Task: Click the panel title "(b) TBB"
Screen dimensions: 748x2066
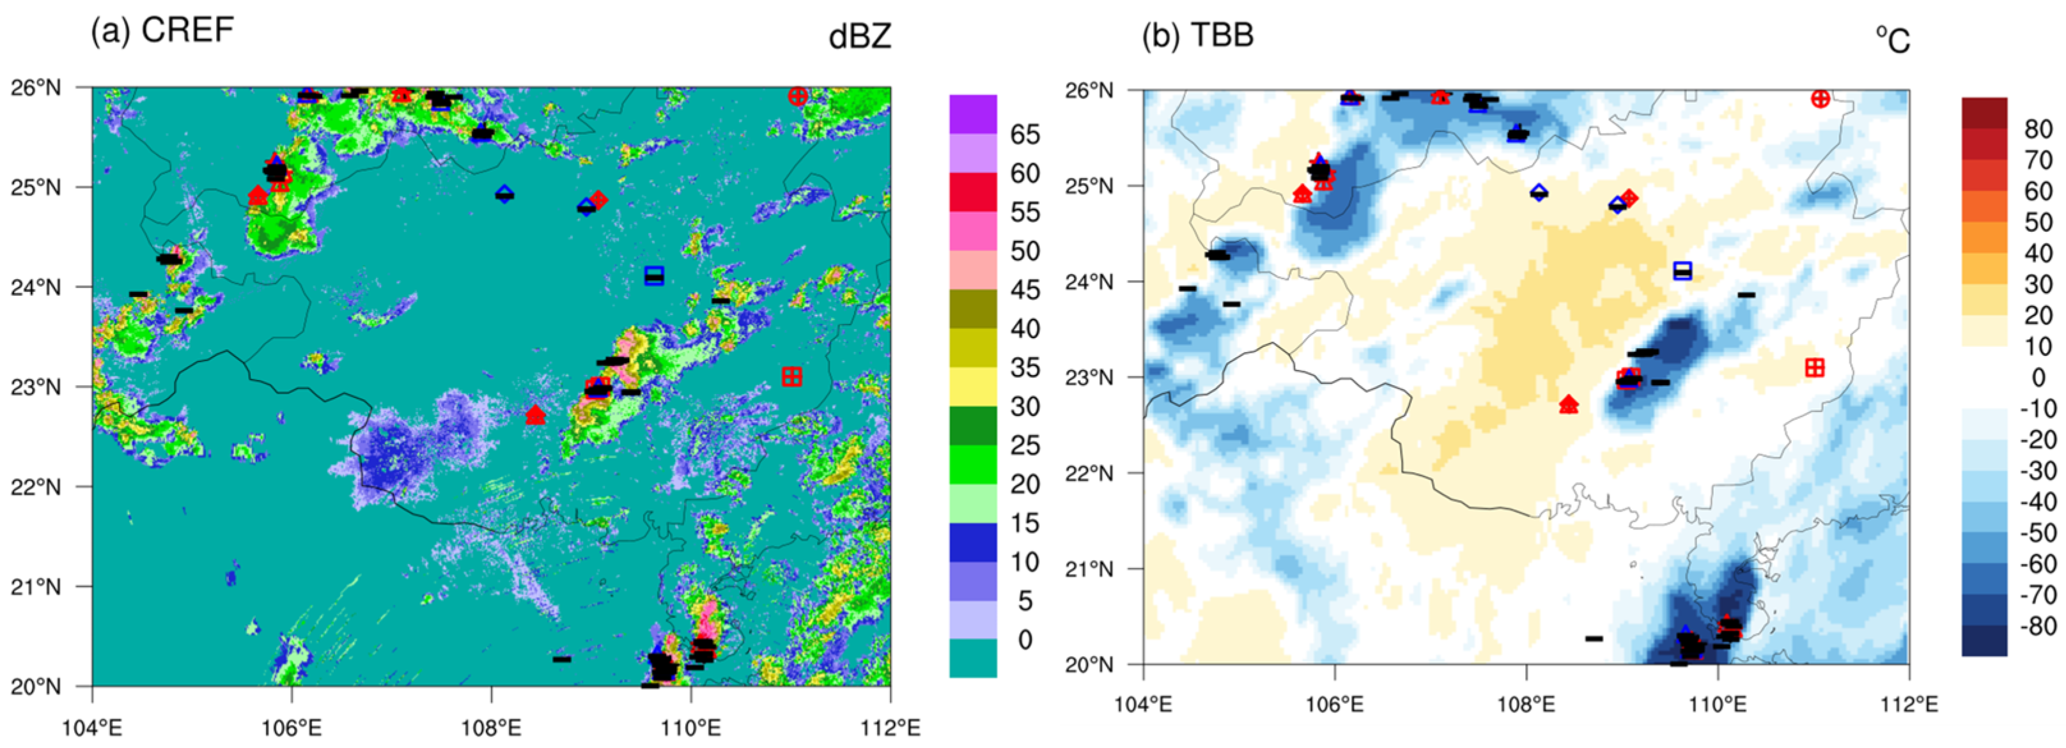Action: [x=1197, y=35]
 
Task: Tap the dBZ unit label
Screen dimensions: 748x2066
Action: [x=860, y=37]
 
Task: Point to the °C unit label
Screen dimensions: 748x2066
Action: [x=1892, y=40]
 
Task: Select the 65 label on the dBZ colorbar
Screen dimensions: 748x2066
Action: [x=1024, y=135]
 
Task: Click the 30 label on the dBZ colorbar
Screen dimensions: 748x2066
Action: [x=1024, y=408]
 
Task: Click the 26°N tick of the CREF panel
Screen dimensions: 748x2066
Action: [x=35, y=88]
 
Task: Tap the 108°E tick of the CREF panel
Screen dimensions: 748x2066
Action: [x=491, y=728]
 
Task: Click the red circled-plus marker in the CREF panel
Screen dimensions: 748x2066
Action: [x=797, y=96]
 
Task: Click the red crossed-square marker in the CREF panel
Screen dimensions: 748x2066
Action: [x=791, y=377]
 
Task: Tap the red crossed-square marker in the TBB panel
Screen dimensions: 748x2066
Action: [x=1814, y=368]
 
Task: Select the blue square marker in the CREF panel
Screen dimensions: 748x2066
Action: [x=655, y=275]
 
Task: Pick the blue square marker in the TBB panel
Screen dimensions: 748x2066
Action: [x=1682, y=270]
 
